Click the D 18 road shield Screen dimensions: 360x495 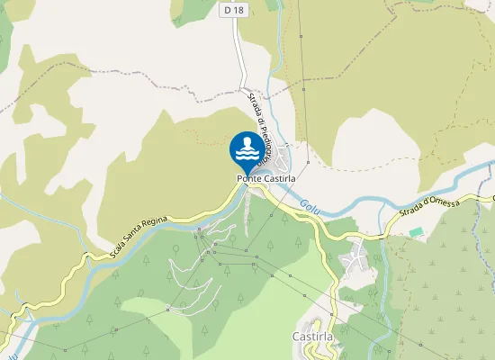click(x=233, y=9)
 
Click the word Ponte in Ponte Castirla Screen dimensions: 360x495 click(x=249, y=178)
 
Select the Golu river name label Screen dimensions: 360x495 click(x=310, y=206)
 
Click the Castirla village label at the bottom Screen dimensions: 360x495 click(x=314, y=336)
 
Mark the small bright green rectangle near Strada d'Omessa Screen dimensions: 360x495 click(x=415, y=232)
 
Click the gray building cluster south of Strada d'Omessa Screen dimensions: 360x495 click(x=355, y=260)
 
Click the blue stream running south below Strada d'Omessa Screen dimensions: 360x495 click(x=384, y=297)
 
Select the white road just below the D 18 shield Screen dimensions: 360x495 click(x=241, y=54)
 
